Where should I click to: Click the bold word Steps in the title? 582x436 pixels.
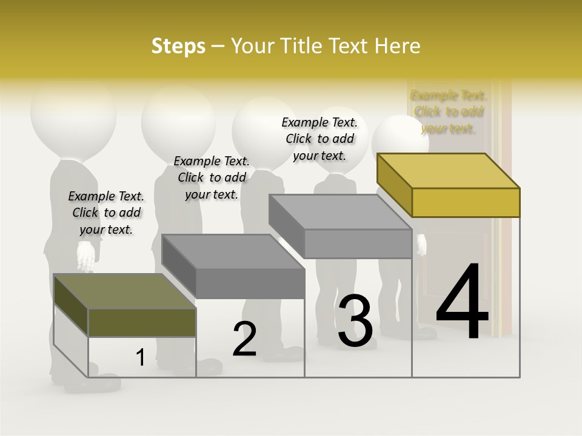(178, 46)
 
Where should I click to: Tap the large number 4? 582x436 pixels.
(462, 303)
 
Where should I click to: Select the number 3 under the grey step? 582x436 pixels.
(355, 321)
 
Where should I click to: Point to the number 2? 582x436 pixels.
(244, 339)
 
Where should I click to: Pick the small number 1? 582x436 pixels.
(140, 358)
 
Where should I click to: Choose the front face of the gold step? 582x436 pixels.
(466, 202)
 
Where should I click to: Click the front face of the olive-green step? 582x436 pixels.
(142, 322)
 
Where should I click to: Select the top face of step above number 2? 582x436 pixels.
(233, 251)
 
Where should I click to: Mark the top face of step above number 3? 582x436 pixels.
(339, 212)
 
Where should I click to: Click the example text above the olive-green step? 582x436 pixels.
(106, 213)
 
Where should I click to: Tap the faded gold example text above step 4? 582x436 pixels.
(449, 111)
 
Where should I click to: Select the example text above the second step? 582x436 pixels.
(212, 177)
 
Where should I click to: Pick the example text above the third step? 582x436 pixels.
(319, 139)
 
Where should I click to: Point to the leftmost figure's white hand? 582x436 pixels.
(86, 256)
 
